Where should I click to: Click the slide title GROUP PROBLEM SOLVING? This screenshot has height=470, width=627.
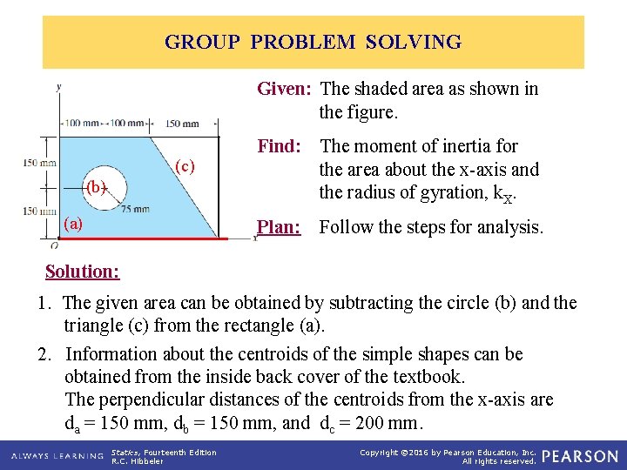313,42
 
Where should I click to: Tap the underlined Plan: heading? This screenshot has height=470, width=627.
279,228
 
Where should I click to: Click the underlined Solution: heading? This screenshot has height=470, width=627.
82,271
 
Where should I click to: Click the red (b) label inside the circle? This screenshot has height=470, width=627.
95,186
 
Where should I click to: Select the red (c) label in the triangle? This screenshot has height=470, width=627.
185,165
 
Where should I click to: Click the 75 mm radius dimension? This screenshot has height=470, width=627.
134,208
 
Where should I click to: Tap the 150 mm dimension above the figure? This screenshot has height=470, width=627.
182,124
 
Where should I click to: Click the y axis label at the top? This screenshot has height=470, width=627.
58,86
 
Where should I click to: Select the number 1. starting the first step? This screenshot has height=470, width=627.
44,303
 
